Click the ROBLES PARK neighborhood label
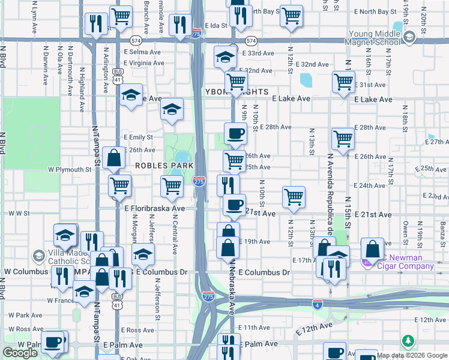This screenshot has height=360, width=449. pos(164,165)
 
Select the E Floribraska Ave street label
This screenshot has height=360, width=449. pos(155,208)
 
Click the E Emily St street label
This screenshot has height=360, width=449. pos(138,137)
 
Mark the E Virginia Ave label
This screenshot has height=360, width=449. pos(143,63)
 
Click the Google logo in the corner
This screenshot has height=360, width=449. pos(20,353)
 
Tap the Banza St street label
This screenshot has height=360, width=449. pos(442,230)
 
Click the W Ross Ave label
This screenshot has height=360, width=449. pos(22,329)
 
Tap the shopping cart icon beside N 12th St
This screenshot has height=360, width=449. pos(294,197)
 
